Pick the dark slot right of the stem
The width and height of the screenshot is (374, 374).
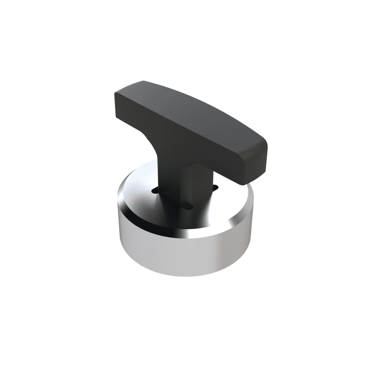215,188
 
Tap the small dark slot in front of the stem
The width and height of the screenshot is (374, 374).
189,207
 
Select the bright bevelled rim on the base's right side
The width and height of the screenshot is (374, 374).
241,215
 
